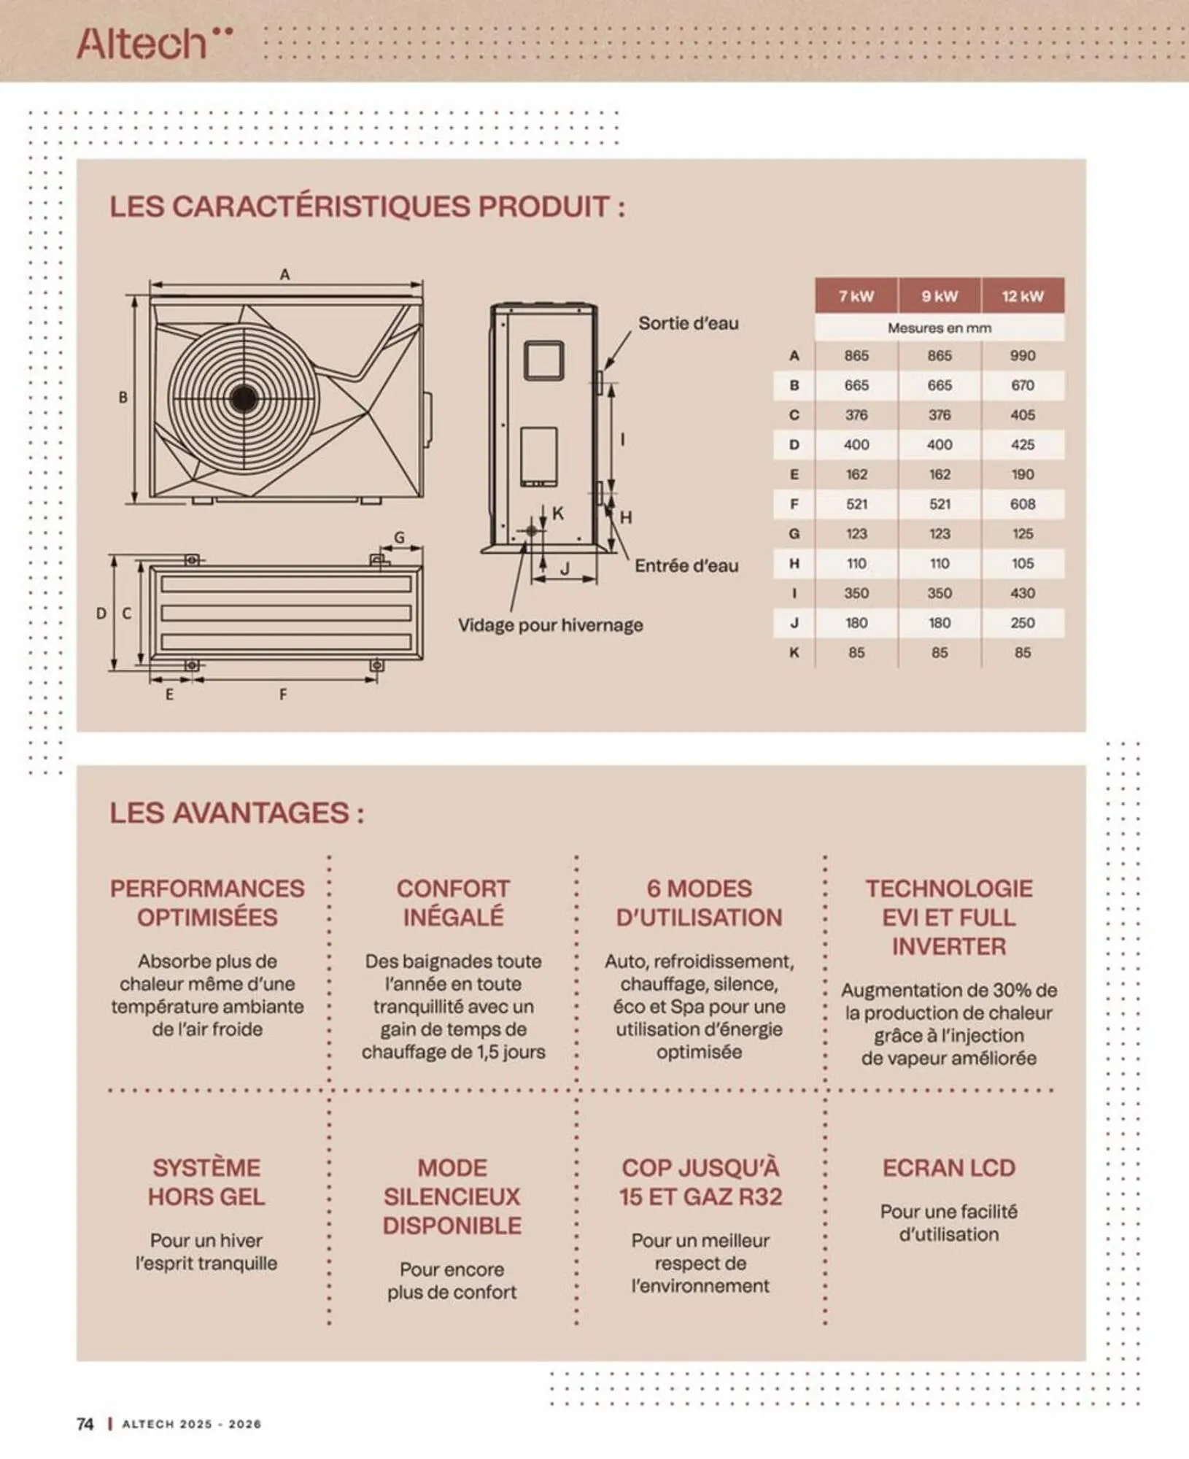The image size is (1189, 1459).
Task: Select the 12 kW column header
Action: click(x=1022, y=296)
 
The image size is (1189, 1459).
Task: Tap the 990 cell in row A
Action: click(x=1022, y=356)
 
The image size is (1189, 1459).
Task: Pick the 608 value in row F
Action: click(x=1022, y=504)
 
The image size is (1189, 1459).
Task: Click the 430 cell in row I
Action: click(x=1022, y=593)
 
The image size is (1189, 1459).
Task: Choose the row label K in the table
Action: click(x=794, y=653)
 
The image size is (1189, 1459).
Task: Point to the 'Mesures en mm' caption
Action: click(x=939, y=328)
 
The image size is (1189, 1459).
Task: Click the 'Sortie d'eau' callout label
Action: click(x=688, y=323)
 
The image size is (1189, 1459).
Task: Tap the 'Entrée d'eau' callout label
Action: click(x=686, y=566)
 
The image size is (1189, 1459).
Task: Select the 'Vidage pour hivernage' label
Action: click(x=550, y=625)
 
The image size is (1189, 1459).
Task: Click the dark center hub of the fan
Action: click(x=244, y=398)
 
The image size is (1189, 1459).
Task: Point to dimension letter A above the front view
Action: click(x=284, y=274)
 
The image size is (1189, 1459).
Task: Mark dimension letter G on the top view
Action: click(x=399, y=538)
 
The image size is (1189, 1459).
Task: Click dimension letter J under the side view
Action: click(x=565, y=570)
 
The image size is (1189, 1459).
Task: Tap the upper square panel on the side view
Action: click(x=544, y=360)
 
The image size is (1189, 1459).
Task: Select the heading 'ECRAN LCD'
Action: click(x=948, y=1168)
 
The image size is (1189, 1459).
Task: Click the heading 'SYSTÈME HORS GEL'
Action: click(x=206, y=1182)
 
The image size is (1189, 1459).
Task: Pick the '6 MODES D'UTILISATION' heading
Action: click(x=699, y=902)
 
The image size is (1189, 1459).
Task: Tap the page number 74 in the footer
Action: click(x=85, y=1424)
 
